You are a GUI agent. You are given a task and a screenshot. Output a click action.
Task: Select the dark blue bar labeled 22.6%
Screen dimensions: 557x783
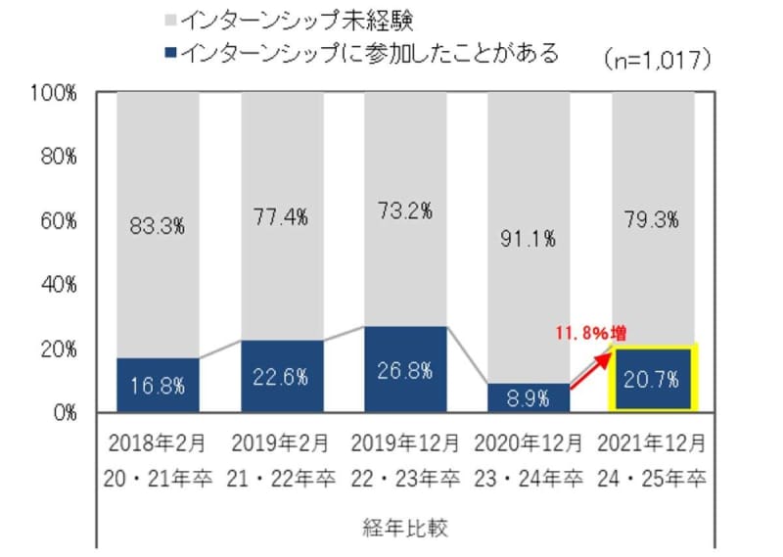point(282,376)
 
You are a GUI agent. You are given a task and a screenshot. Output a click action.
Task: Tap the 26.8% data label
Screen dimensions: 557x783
point(405,372)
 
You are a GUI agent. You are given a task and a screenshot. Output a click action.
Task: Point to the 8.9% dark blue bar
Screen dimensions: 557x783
point(530,397)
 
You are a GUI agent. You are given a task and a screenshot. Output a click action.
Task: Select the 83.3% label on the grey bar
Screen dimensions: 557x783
point(158,226)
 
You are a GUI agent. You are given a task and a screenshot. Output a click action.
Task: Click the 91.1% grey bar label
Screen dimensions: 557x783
point(530,237)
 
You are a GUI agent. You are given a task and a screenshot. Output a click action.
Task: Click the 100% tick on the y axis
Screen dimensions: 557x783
point(55,94)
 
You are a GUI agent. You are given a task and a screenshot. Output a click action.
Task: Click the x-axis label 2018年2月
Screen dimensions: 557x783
point(158,443)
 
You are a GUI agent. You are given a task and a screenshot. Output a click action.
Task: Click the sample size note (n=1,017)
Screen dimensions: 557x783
point(658,58)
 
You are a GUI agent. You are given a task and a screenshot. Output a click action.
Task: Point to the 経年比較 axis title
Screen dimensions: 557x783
point(405,529)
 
